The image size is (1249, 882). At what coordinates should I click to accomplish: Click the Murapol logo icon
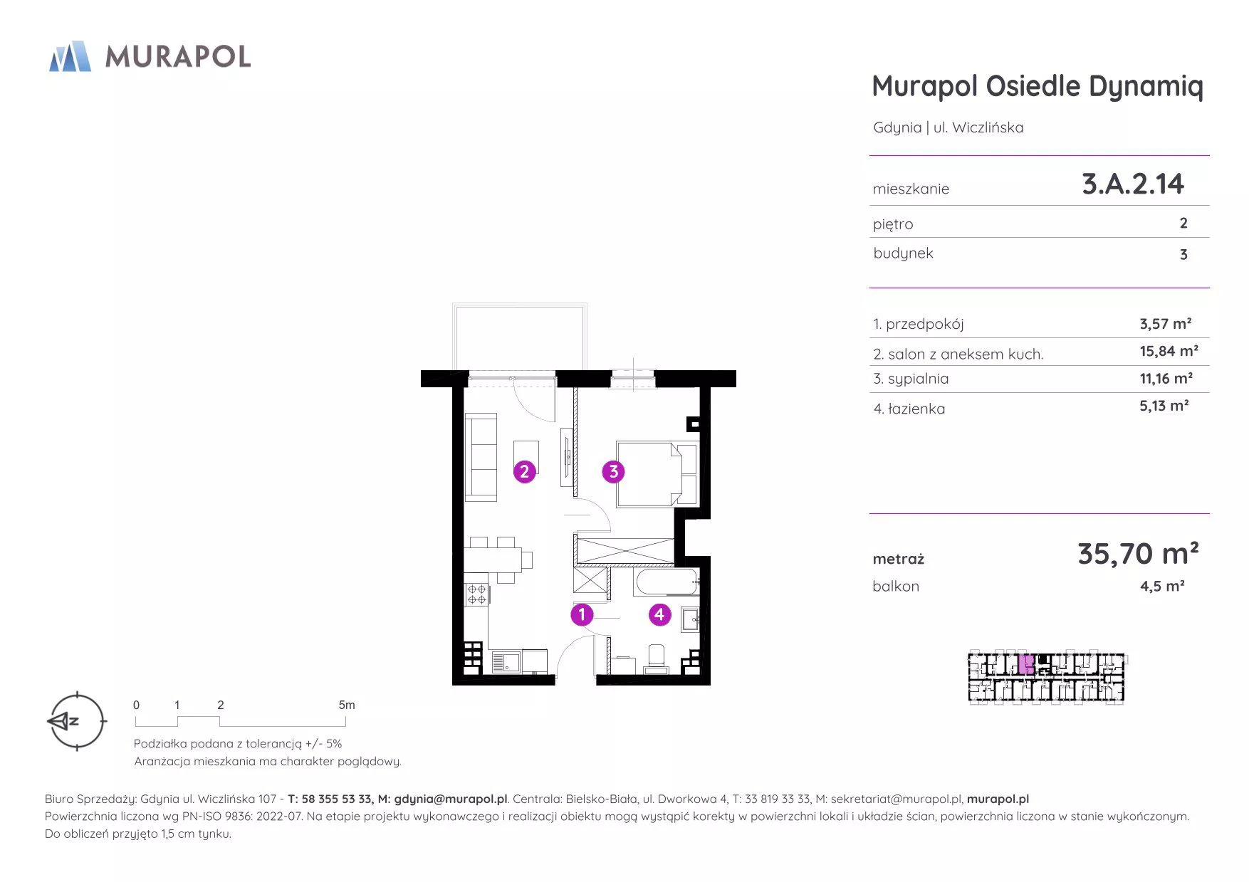(70, 56)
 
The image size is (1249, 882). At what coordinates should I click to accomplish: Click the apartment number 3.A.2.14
(1132, 184)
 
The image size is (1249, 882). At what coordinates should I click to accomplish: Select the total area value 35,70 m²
(1138, 553)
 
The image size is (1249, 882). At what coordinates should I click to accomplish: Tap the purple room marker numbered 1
(582, 614)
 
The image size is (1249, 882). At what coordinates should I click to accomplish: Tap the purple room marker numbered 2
(524, 471)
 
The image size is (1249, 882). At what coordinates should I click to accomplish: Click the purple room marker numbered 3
(613, 471)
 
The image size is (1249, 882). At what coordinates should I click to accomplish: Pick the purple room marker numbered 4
(659, 614)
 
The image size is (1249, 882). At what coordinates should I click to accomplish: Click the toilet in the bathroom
(656, 658)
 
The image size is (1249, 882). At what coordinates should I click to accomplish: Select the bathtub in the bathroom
(667, 582)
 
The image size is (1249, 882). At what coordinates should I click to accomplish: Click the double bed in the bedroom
(657, 474)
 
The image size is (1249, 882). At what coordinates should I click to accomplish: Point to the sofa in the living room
(481, 456)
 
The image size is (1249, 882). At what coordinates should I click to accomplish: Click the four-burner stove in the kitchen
(476, 594)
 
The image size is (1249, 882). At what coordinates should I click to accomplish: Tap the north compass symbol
(76, 721)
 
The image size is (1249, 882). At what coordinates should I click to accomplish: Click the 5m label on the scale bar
(347, 705)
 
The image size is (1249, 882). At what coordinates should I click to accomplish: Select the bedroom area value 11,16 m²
(1166, 378)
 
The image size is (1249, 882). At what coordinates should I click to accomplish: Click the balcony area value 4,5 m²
(1162, 586)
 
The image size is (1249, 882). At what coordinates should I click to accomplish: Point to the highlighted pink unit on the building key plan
(1026, 665)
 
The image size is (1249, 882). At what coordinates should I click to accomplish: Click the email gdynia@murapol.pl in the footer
(451, 799)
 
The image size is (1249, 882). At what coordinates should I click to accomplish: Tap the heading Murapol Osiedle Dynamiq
(1038, 87)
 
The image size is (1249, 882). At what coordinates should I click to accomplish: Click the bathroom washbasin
(691, 619)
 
